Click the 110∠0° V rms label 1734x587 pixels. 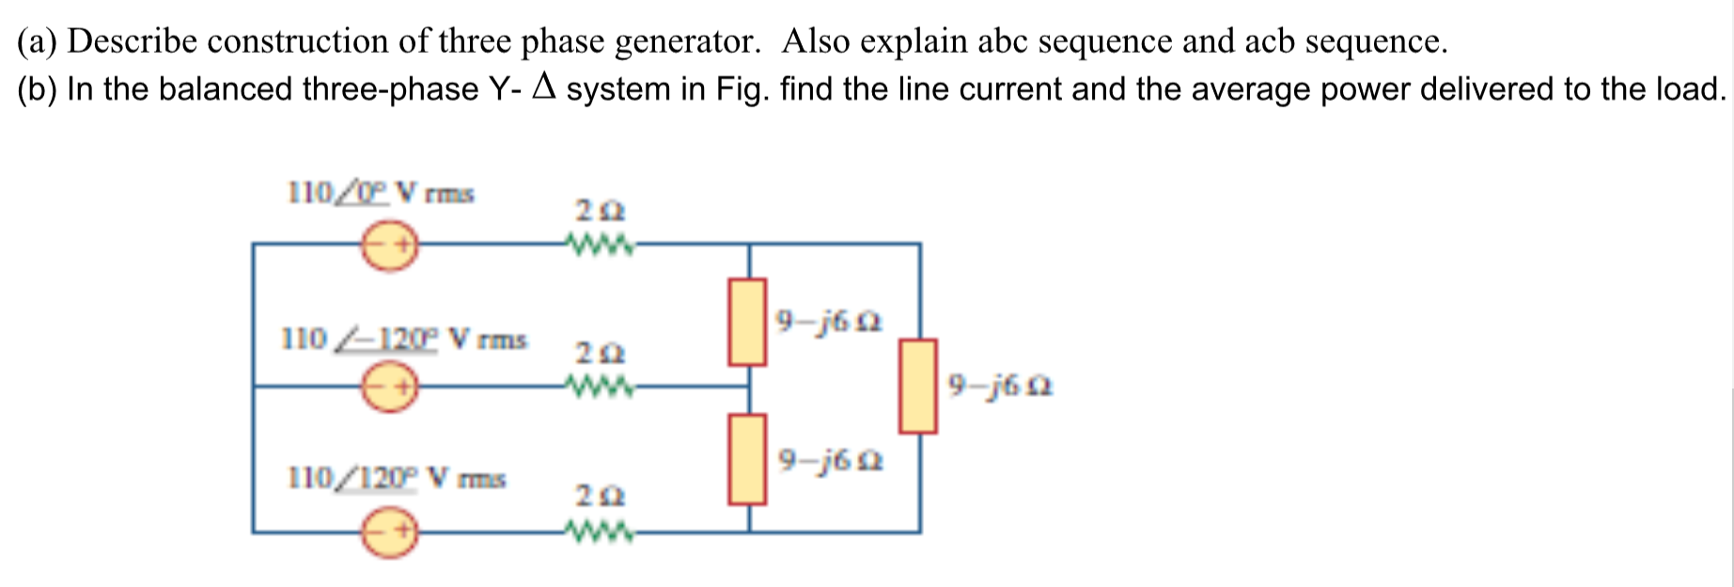[x=380, y=194]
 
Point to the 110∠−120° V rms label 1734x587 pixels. [x=403, y=339]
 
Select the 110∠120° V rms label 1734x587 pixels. [x=396, y=479]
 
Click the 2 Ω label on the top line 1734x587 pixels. [x=600, y=210]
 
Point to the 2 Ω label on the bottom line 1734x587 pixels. [x=600, y=496]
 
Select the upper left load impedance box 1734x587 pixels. [x=747, y=321]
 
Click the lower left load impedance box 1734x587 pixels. [x=747, y=460]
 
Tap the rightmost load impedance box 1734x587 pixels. [x=917, y=386]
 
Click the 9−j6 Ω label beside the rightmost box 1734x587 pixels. [x=999, y=386]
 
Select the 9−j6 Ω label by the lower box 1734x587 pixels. [x=830, y=462]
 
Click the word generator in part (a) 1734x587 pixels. [x=686, y=41]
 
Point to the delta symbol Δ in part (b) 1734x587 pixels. [x=545, y=88]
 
